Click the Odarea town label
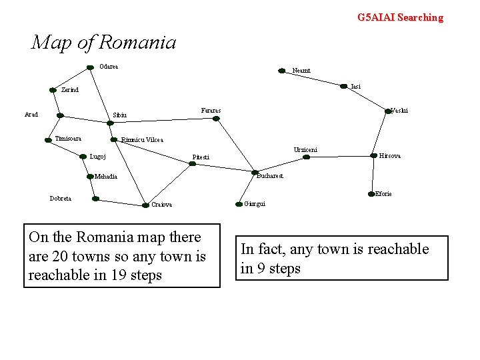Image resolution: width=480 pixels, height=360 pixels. click(109, 66)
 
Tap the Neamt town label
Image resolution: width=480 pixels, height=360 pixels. click(301, 70)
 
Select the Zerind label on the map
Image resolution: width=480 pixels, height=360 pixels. click(70, 89)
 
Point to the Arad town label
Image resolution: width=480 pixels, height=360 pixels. click(31, 115)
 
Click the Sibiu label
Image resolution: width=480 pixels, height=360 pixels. click(120, 115)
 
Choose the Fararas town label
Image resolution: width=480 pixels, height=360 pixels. click(211, 109)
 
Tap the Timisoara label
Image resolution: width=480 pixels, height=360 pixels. click(68, 138)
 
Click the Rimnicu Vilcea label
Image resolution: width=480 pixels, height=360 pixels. click(142, 140)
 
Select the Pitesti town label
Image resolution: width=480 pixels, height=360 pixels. click(201, 157)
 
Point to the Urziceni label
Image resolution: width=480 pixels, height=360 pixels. click(305, 149)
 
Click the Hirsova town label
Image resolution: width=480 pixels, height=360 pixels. click(390, 156)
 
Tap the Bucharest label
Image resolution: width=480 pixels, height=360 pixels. click(270, 176)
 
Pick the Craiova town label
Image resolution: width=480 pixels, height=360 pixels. click(162, 205)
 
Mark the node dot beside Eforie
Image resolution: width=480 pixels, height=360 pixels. click(371, 194)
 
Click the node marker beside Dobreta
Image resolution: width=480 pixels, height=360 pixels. click(95, 199)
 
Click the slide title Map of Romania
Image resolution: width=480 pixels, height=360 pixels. click(104, 43)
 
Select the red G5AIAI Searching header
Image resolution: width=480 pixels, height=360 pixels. click(400, 17)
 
